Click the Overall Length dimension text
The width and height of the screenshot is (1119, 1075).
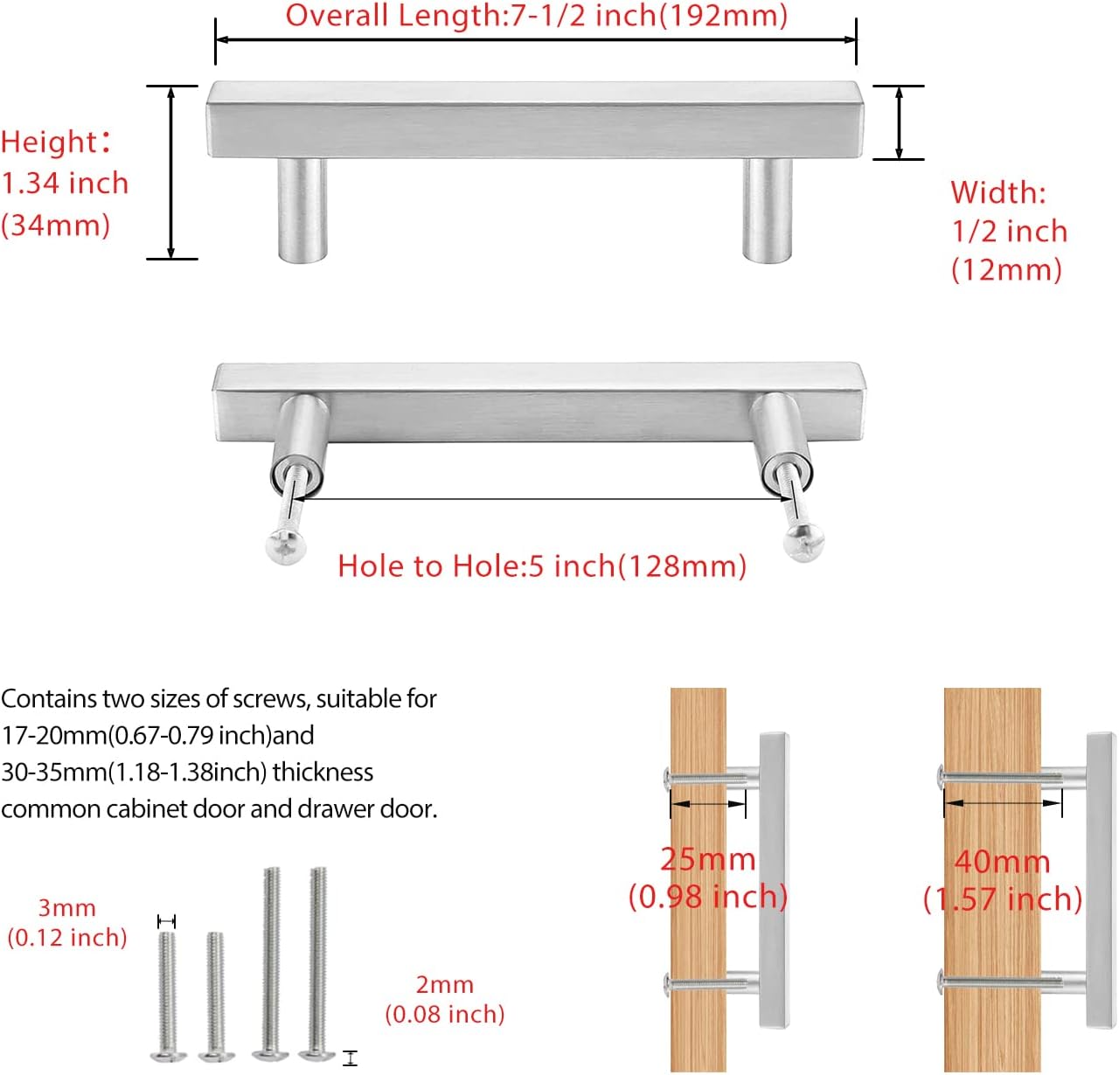click(x=536, y=16)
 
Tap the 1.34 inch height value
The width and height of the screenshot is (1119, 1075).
click(x=65, y=184)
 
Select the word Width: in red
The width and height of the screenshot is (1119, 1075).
click(x=997, y=192)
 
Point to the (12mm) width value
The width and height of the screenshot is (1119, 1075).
click(x=1006, y=269)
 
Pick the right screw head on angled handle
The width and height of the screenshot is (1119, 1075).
click(x=804, y=543)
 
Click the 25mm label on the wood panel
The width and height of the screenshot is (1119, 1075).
click(x=707, y=859)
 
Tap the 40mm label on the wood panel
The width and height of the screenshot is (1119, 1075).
click(x=1002, y=862)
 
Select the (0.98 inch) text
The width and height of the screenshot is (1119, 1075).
click(x=707, y=897)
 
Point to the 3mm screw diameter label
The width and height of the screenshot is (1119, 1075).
click(x=66, y=908)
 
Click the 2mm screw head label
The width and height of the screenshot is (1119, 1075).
click(x=444, y=985)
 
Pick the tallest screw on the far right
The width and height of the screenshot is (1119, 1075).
click(x=317, y=961)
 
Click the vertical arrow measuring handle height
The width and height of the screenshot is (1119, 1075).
click(x=171, y=172)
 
